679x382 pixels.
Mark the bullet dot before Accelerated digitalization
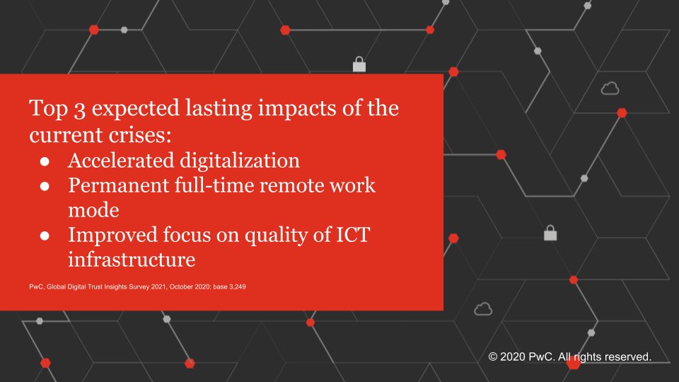click(x=43, y=161)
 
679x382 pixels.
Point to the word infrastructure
click(x=131, y=260)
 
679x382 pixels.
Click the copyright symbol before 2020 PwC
click(x=494, y=358)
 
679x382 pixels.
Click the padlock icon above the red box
click(x=359, y=64)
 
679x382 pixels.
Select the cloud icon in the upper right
click(x=609, y=88)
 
